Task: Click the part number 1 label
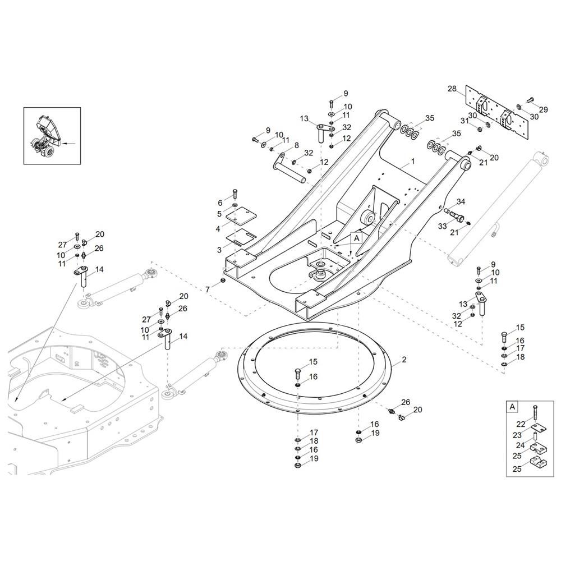click(413, 160)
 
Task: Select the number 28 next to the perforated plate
click(452, 89)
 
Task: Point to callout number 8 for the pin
click(296, 145)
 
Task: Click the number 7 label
click(207, 289)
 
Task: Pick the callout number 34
click(461, 201)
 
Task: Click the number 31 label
click(465, 121)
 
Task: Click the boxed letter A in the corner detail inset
click(512, 406)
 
